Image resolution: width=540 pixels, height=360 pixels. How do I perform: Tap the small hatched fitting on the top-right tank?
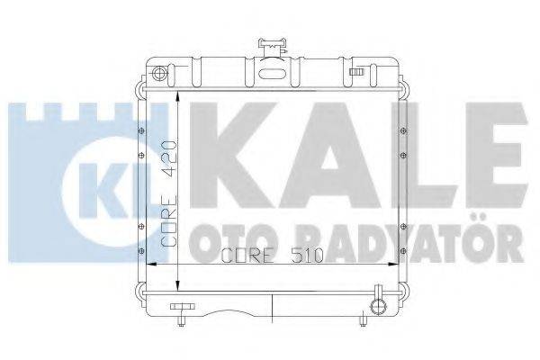[357, 72]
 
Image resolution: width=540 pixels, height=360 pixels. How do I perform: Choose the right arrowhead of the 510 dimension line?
[392, 265]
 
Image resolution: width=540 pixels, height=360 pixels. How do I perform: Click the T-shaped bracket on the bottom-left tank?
[184, 312]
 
